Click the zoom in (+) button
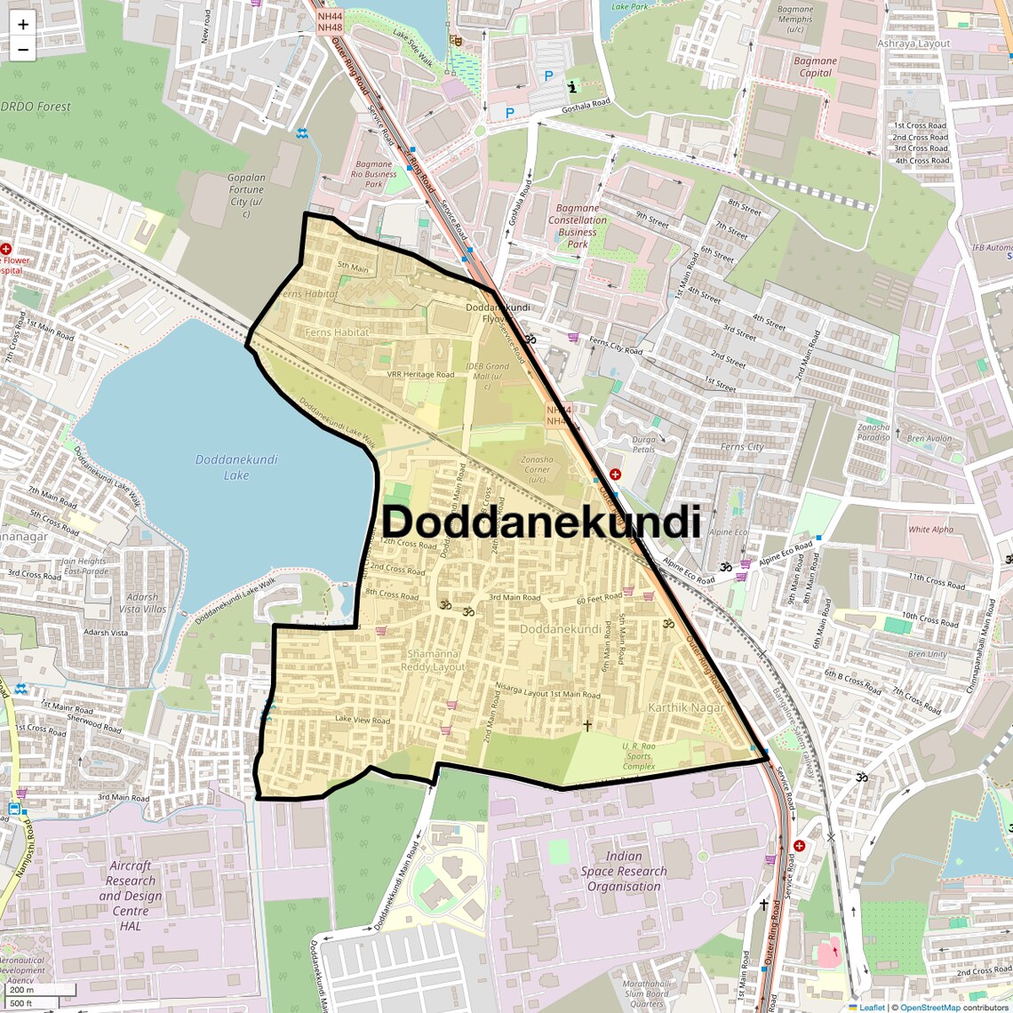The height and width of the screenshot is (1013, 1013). tap(23, 25)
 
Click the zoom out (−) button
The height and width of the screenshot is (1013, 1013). tap(23, 50)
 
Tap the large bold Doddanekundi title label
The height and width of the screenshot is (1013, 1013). tap(541, 522)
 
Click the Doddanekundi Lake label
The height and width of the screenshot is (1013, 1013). tap(236, 467)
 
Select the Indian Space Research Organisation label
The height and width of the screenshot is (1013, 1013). tap(624, 871)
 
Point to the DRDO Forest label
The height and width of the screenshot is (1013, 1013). tap(36, 107)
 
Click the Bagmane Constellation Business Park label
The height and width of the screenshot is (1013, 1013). tap(578, 226)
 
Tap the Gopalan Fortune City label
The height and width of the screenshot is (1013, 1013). tap(246, 189)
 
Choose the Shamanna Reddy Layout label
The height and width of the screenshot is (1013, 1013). tap(433, 660)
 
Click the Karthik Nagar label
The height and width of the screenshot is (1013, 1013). tap(686, 707)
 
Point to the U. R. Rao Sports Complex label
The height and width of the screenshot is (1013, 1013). tap(639, 756)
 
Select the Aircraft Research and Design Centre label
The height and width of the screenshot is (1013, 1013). tap(130, 895)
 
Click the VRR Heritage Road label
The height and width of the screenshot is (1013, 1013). tap(420, 375)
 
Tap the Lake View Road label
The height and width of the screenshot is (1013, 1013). tap(363, 720)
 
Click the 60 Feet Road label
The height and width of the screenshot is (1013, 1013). tap(599, 599)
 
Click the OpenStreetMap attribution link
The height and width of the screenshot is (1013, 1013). tap(930, 1007)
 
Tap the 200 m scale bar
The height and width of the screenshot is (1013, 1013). tap(39, 989)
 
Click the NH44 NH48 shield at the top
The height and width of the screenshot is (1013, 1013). tap(330, 22)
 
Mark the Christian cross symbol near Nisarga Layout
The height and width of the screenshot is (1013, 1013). tap(586, 725)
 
